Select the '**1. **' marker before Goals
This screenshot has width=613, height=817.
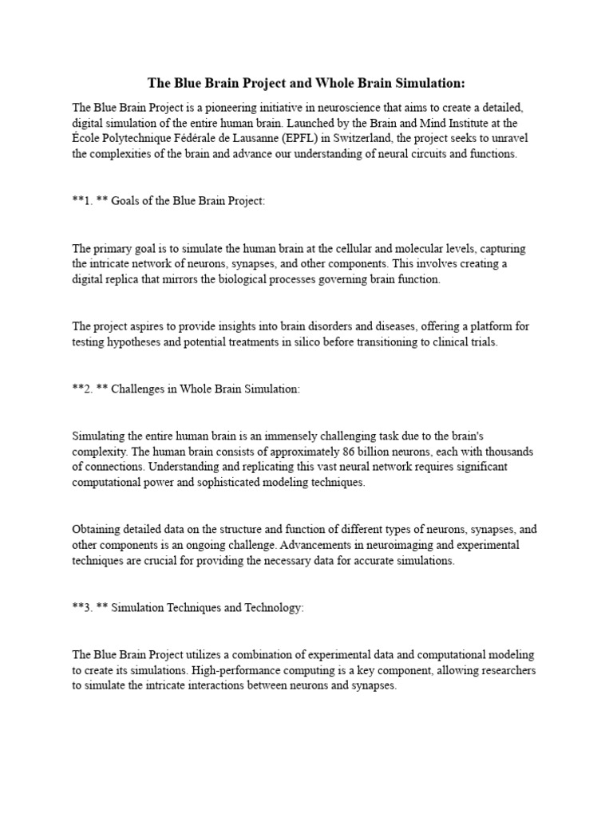click(89, 200)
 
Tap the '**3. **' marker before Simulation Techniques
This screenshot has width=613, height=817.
click(89, 607)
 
